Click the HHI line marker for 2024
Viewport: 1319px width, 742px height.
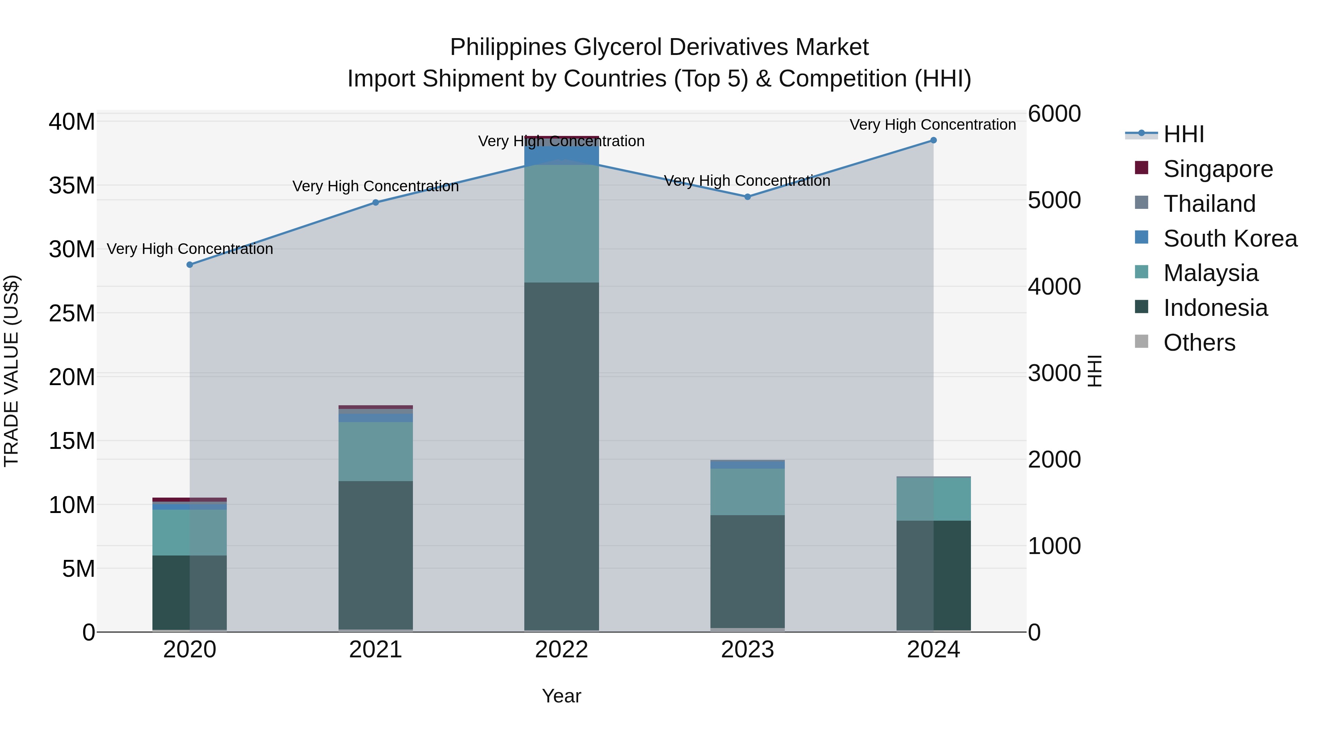point(933,140)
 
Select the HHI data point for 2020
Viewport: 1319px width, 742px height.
point(189,265)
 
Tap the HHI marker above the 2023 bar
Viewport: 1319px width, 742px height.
point(747,197)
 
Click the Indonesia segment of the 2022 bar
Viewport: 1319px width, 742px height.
point(561,456)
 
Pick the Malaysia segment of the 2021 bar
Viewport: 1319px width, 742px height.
point(375,451)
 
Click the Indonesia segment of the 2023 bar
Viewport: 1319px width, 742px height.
point(747,571)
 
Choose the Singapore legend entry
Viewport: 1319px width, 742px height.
point(1218,169)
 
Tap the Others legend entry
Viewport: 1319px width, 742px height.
point(1199,343)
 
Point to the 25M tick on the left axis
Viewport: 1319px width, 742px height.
point(72,313)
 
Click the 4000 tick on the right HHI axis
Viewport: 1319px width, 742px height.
point(1054,287)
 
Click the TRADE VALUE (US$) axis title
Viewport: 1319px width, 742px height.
point(11,371)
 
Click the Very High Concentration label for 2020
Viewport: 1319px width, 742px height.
point(189,249)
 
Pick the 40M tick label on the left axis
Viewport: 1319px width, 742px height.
point(72,122)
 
